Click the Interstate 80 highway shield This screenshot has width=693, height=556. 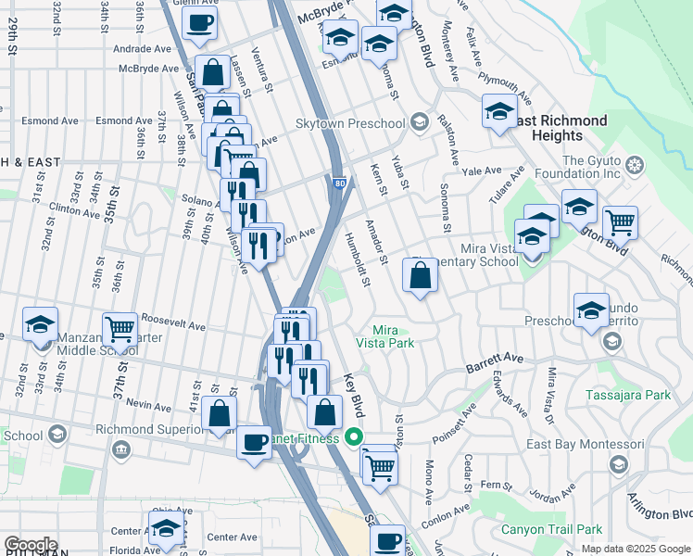339,183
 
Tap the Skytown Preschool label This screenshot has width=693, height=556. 350,123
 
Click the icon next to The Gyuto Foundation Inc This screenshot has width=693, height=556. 635,166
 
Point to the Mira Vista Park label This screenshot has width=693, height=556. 392,336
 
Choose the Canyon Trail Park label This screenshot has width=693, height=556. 551,530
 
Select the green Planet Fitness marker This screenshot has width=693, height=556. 353,437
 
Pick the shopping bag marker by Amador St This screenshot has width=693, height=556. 421,275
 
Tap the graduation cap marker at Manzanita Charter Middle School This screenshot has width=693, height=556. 41,324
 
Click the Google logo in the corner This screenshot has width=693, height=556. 31,545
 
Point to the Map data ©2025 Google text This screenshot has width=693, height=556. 636,549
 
